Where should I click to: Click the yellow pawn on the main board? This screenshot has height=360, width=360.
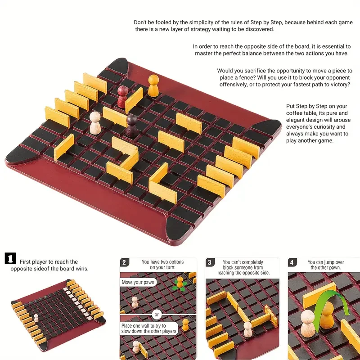153,85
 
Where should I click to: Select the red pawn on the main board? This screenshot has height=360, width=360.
122,96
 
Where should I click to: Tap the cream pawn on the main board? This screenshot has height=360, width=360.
95,123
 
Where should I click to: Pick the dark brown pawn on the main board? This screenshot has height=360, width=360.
132,125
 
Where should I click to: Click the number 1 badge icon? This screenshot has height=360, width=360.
10,258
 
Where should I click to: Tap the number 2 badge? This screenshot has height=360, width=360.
125,262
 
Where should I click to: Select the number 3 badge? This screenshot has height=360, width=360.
210,262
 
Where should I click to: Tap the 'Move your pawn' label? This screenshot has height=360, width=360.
139,283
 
